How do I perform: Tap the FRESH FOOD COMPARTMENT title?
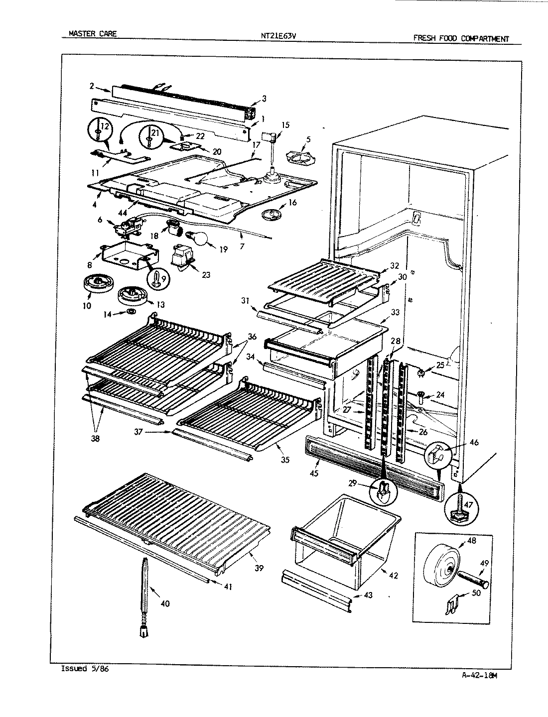(461, 38)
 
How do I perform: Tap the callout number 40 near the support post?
(165, 603)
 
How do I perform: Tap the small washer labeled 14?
(131, 311)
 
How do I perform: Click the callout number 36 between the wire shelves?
(252, 337)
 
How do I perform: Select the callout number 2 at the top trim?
(92, 85)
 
